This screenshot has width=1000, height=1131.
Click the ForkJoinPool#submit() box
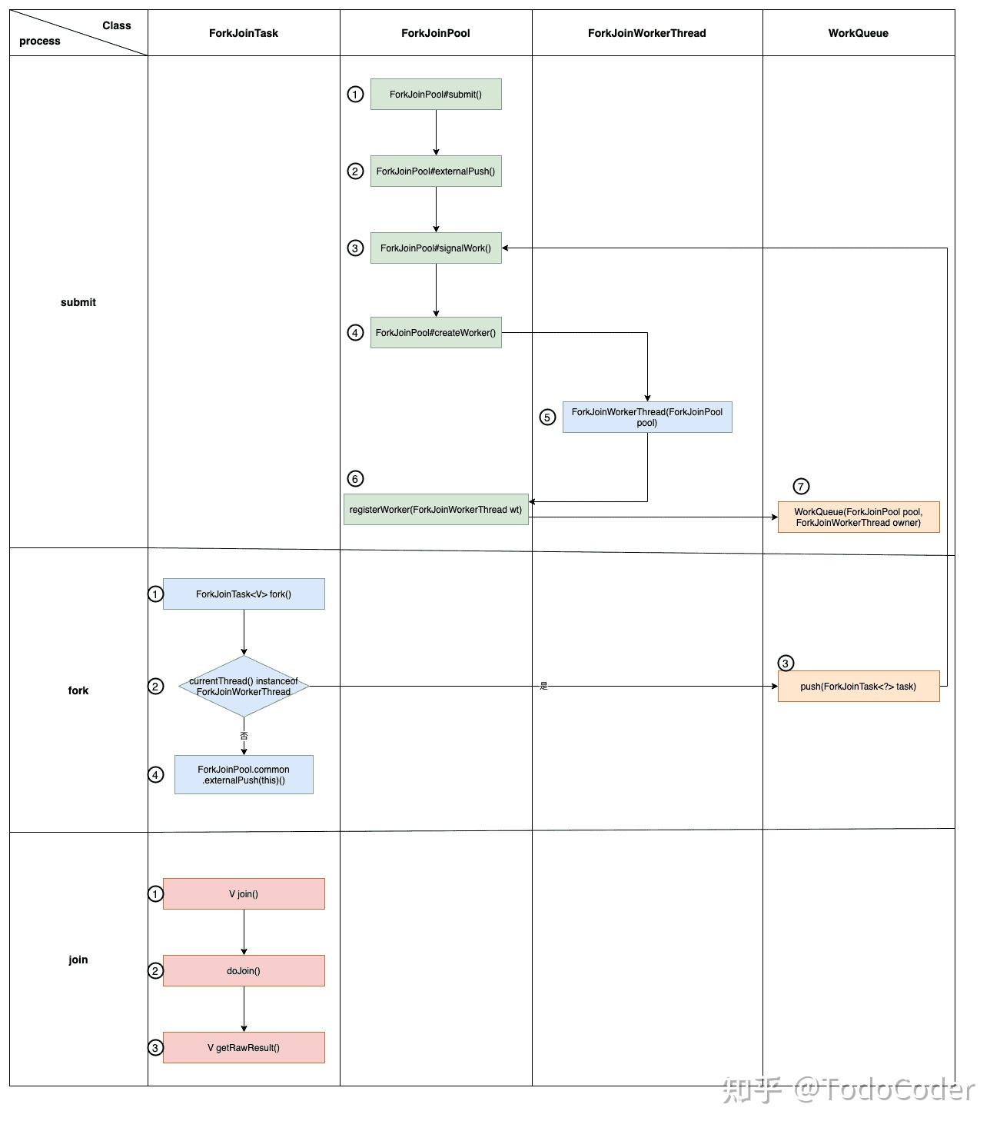point(436,94)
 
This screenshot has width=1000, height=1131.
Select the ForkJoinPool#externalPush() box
point(436,171)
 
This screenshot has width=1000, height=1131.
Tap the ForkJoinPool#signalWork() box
point(436,248)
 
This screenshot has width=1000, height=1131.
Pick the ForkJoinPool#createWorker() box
point(436,332)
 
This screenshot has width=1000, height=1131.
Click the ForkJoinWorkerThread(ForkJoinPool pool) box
point(647,417)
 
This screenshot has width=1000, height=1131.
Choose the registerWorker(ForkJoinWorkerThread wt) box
point(436,509)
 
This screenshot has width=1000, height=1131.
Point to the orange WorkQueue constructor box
point(859,517)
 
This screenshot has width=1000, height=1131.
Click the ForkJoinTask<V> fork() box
point(244,594)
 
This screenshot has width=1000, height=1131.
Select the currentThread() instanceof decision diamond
point(244,686)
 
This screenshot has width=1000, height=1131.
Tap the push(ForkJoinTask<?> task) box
point(859,686)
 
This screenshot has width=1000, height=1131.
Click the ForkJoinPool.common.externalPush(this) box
point(244,774)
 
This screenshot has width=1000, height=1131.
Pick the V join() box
point(244,893)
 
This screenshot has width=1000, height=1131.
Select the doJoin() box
point(244,970)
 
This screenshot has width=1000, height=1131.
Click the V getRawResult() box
point(244,1047)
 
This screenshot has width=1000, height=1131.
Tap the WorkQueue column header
point(858,33)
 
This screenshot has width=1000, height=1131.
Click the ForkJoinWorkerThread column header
point(646,33)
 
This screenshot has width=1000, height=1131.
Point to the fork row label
point(78,690)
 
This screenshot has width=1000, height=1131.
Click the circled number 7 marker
point(801,486)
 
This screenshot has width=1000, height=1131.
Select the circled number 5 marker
point(547,417)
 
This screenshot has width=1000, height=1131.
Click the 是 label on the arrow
point(544,686)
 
